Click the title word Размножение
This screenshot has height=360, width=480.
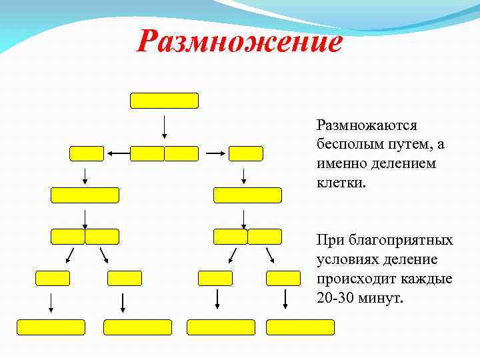[239, 42]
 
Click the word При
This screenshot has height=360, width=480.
[331, 240]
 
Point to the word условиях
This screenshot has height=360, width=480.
[346, 259]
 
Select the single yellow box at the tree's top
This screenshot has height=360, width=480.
[164, 101]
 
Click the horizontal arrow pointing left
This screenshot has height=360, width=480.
[117, 153]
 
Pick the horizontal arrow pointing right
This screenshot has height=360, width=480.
[214, 153]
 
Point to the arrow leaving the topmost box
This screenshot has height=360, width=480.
[164, 127]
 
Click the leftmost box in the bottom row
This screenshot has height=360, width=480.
[51, 327]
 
